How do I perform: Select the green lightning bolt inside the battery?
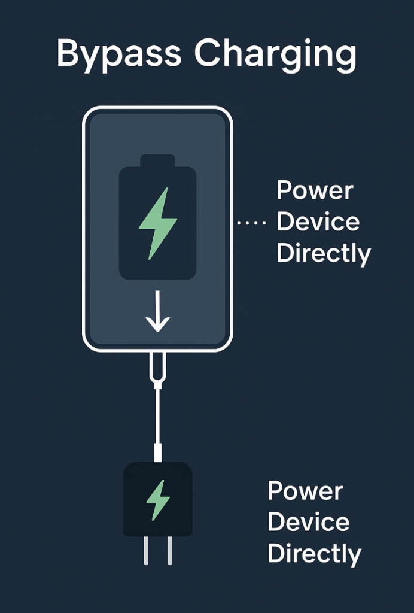click(x=158, y=223)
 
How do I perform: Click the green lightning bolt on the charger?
click(x=158, y=499)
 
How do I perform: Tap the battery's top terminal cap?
click(x=157, y=161)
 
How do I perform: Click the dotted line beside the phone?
click(x=251, y=223)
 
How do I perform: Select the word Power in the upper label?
click(x=315, y=191)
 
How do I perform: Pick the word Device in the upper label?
click(x=318, y=222)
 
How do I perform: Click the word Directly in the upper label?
click(x=324, y=254)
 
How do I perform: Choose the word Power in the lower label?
click(x=305, y=491)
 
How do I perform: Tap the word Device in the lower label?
click(x=309, y=522)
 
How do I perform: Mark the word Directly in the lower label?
click(x=314, y=554)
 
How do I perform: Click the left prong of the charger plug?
click(x=146, y=550)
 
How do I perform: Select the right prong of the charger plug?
click(x=169, y=550)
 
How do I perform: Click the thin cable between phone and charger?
click(x=157, y=413)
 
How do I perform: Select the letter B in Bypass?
click(x=69, y=54)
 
